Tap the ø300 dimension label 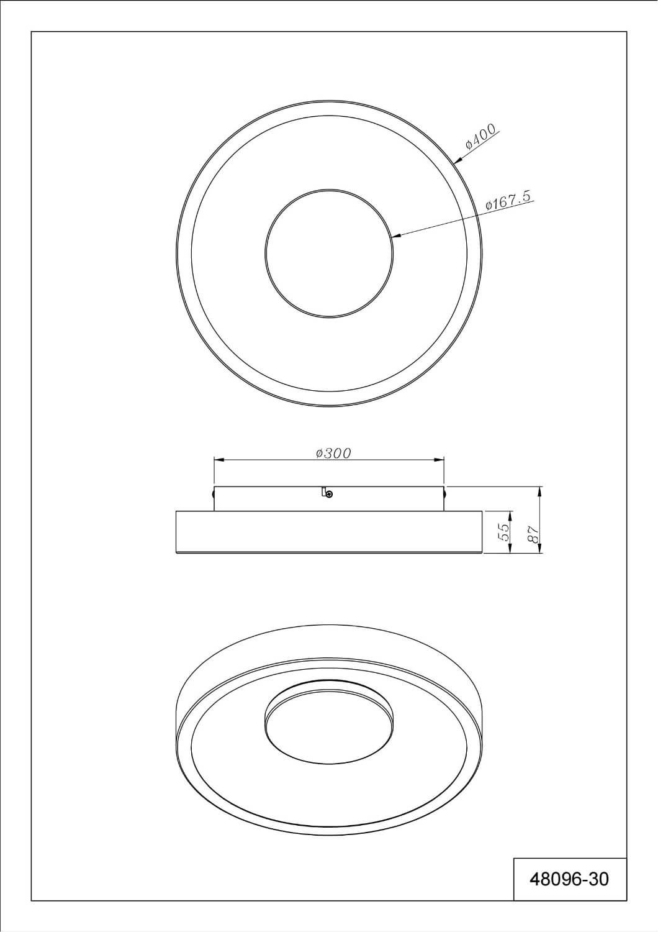(333, 453)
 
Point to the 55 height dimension (504, 532)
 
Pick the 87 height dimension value (533, 533)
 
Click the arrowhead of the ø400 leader (459, 159)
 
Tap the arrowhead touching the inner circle (397, 237)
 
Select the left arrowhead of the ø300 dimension (219, 460)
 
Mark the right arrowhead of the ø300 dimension (439, 460)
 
